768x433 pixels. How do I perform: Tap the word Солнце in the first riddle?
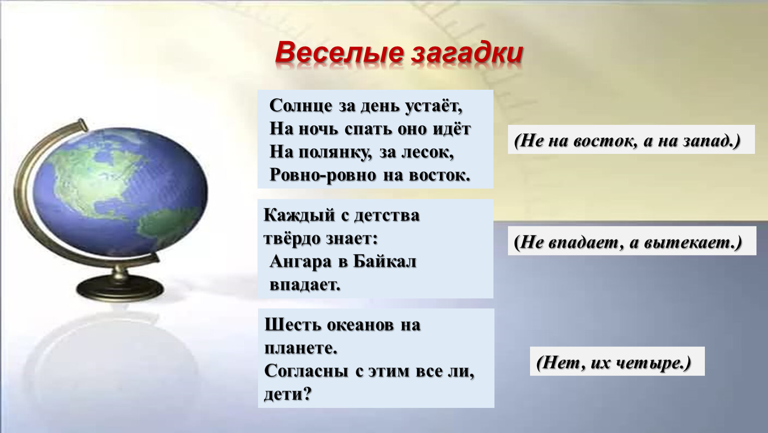[x=301, y=106]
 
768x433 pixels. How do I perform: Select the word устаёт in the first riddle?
[x=433, y=106]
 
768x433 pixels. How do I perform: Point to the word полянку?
[x=338, y=152]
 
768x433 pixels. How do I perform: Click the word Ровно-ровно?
[x=323, y=175]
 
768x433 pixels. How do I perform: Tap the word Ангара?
[x=301, y=262]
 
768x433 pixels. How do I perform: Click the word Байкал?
[x=385, y=262]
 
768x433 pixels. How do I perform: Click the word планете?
[x=301, y=349]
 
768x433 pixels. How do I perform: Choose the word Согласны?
[x=306, y=371]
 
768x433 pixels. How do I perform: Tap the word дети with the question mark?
[x=288, y=394]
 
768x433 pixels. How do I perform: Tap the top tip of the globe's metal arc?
[x=82, y=122]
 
